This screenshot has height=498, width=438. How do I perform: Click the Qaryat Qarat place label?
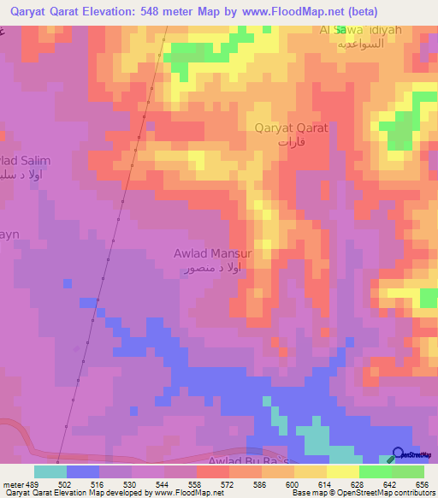(291, 129)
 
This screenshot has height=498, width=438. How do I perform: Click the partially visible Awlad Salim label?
(26, 161)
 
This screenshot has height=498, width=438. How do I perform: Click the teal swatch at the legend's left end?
(50, 471)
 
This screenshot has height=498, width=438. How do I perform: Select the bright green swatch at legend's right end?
(408, 471)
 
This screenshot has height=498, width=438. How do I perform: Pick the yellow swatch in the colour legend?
(343, 471)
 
